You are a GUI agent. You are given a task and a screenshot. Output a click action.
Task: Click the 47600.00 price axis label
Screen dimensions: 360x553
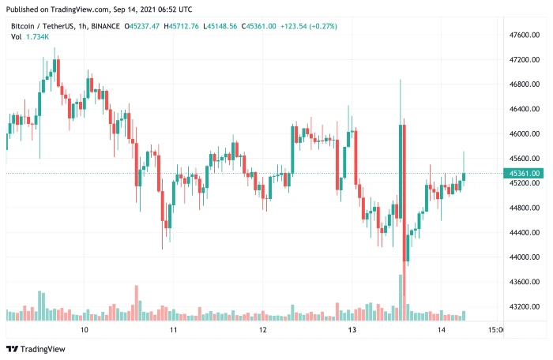[x=524, y=36]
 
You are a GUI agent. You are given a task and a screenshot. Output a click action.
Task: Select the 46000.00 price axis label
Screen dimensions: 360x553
[x=524, y=134]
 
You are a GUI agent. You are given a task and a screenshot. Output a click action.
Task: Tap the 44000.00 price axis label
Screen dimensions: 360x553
[x=524, y=257]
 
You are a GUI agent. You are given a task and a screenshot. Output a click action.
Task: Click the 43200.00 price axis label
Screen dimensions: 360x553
[x=524, y=306]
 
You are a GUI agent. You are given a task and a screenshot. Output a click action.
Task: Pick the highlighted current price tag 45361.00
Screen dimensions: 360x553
[x=525, y=173]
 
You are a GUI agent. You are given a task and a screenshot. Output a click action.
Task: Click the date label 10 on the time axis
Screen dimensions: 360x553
[x=84, y=330]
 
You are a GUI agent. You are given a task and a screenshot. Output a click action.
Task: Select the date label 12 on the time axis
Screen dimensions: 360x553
[x=262, y=330]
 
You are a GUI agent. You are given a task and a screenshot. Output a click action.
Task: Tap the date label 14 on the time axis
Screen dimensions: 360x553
[x=441, y=330]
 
